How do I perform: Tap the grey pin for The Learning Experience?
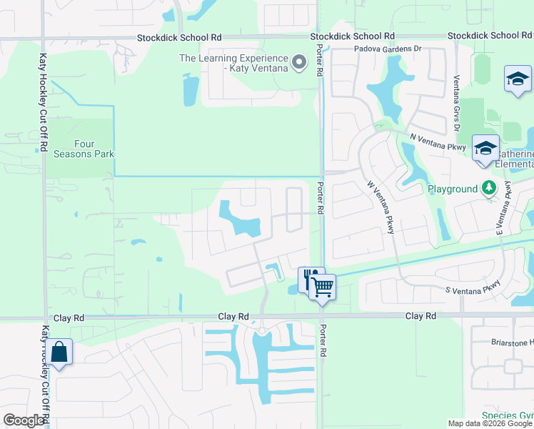pos(300,63)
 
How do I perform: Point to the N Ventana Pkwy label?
pos(438,141)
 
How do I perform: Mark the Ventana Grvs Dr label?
pos(455,104)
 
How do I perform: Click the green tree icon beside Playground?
pos(488,189)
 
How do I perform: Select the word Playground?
pos(452,189)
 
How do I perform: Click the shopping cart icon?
pos(323,287)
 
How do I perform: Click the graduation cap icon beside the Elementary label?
pos(485,149)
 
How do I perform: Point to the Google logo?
pos(24,420)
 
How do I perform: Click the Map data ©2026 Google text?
pos(489,423)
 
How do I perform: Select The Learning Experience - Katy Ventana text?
pos(233,63)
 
